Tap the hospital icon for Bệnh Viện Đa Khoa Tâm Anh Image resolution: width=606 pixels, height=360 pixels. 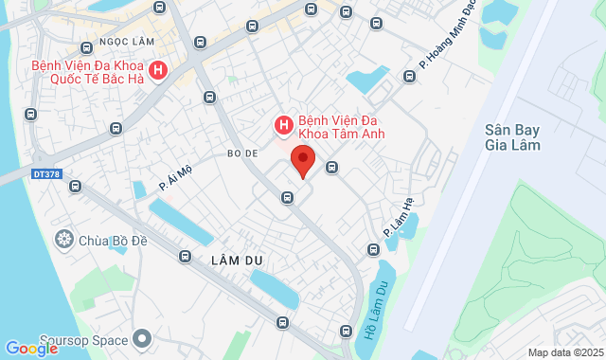[282, 124]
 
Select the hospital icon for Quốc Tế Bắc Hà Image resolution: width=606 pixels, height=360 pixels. [158, 70]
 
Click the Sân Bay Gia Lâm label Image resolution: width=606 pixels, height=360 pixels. [511, 137]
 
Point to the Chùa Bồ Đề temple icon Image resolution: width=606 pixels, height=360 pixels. [64, 237]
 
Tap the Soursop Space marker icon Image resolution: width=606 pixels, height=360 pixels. [143, 337]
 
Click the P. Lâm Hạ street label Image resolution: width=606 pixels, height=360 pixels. [400, 218]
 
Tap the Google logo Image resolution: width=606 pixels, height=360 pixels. [31, 349]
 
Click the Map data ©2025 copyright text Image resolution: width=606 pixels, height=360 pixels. [564, 352]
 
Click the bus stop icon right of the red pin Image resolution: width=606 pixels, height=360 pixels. [332, 168]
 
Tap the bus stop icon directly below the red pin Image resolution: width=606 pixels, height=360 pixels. [287, 197]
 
